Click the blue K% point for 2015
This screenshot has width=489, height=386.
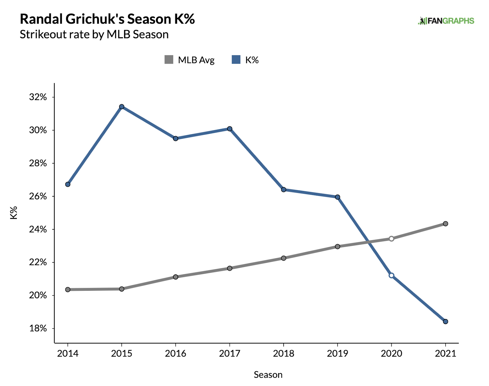pyautogui.click(x=122, y=107)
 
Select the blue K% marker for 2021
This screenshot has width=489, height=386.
pyautogui.click(x=445, y=321)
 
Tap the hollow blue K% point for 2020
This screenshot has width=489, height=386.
pyautogui.click(x=392, y=275)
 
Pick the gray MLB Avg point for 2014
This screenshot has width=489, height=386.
pyautogui.click(x=68, y=290)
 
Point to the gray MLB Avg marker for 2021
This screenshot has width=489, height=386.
pyautogui.click(x=445, y=224)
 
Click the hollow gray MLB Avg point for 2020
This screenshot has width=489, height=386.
pyautogui.click(x=392, y=239)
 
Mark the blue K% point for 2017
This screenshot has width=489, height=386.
pyautogui.click(x=230, y=129)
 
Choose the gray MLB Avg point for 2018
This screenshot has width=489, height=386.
pyautogui.click(x=284, y=258)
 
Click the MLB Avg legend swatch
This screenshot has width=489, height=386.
pyautogui.click(x=169, y=59)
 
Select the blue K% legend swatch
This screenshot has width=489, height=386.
pyautogui.click(x=236, y=59)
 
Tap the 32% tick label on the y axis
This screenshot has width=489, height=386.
pyautogui.click(x=38, y=97)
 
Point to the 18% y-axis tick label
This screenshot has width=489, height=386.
pyautogui.click(x=38, y=328)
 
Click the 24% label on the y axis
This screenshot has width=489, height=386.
pyautogui.click(x=38, y=230)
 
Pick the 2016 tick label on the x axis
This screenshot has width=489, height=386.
pyautogui.click(x=175, y=354)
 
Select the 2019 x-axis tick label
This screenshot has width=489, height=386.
pyautogui.click(x=337, y=354)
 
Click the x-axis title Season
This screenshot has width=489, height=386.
pyautogui.click(x=268, y=375)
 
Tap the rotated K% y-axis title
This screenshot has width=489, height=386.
pyautogui.click(x=14, y=212)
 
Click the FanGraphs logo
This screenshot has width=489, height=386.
pyautogui.click(x=446, y=21)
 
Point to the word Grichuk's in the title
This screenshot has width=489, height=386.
pyautogui.click(x=95, y=19)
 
